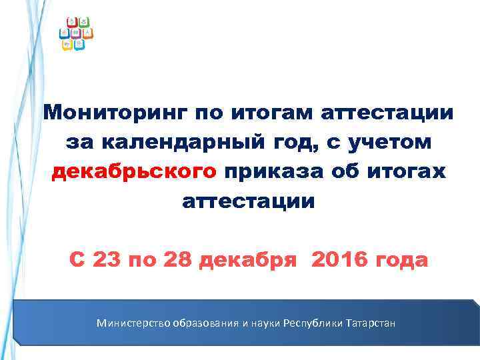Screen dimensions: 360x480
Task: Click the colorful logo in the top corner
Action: click(76, 33)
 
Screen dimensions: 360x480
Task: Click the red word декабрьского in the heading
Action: click(134, 171)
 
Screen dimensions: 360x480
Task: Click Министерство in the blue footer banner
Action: click(133, 323)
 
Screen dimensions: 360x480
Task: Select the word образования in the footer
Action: click(207, 323)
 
